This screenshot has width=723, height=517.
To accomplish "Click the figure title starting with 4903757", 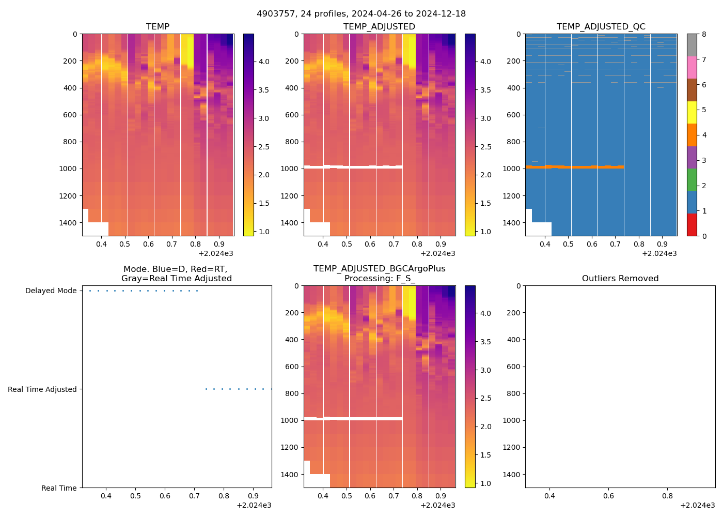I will pos(361,14).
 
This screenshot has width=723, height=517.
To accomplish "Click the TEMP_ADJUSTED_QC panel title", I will pos(601,26).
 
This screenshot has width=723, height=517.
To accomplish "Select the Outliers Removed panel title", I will pos(620,279).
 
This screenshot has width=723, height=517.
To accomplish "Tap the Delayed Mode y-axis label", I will pos(51,291).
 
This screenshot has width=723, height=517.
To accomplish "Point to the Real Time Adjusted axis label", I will pos(42,389).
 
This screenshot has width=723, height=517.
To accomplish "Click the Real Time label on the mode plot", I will pos(59,488).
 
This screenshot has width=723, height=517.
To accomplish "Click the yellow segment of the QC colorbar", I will pos(691,112).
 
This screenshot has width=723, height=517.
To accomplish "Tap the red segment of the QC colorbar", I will pos(691,225).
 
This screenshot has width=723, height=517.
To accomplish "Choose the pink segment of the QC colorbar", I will pos(691,67).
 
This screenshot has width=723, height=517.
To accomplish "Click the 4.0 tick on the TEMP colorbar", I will pos(263,62).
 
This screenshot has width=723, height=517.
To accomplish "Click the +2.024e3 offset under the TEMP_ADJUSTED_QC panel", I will pos(659,253).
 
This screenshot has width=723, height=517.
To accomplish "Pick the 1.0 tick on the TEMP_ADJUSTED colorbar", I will pos(485,232).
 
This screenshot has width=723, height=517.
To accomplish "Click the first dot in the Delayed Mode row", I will pos(90,291).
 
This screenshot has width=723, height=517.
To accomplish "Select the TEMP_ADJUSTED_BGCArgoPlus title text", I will pos(379,269).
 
